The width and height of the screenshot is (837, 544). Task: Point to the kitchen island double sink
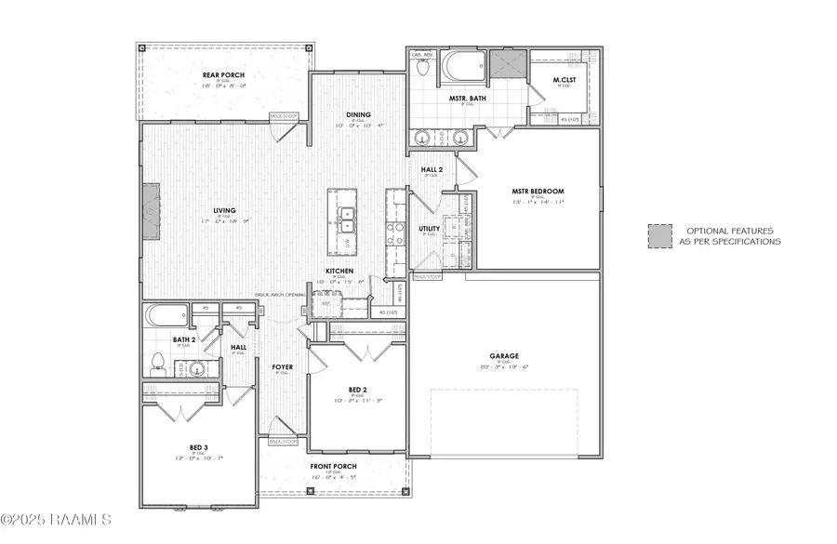tap(347, 219)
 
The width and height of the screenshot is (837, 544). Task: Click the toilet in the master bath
tap(422, 69)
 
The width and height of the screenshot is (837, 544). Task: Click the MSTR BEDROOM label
tap(538, 192)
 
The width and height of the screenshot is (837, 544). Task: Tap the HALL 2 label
tap(432, 168)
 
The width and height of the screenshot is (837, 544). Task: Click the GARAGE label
tap(505, 355)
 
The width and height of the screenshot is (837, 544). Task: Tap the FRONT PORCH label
tap(332, 466)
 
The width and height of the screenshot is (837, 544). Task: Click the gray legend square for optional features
tap(659, 235)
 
